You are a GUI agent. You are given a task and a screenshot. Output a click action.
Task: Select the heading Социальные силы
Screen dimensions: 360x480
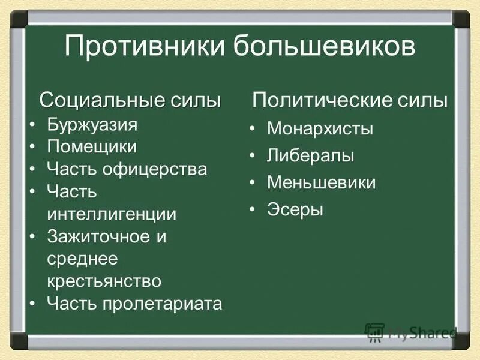pyautogui.click(x=130, y=100)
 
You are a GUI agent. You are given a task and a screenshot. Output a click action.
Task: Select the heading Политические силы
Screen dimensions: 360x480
pyautogui.click(x=350, y=100)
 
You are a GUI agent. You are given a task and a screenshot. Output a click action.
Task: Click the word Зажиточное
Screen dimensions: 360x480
pyautogui.click(x=98, y=236)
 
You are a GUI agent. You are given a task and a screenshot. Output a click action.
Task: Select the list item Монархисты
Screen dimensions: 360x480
pyautogui.click(x=320, y=128)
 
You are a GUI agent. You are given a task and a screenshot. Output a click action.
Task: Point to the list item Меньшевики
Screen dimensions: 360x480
pyautogui.click(x=321, y=183)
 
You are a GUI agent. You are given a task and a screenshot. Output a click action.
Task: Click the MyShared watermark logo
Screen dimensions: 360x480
pyautogui.click(x=410, y=332)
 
